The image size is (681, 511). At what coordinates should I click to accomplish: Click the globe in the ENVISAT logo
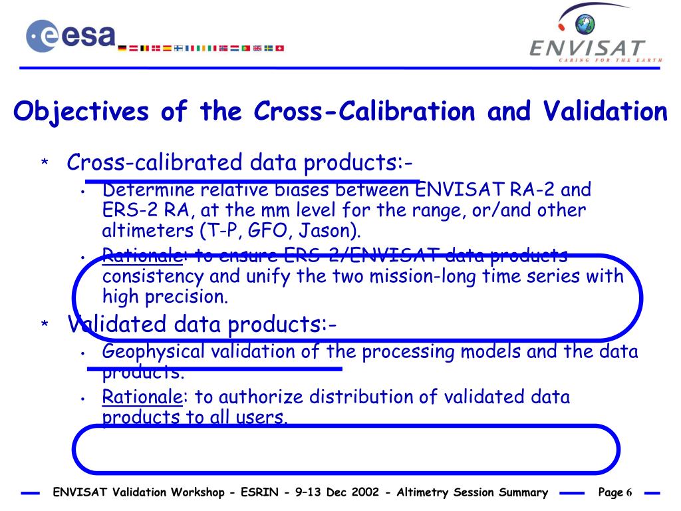(586, 25)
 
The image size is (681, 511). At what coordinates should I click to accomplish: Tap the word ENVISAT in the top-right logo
(587, 49)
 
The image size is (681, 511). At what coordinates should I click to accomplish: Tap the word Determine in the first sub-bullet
(143, 190)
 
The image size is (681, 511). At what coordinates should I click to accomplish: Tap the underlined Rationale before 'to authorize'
(142, 397)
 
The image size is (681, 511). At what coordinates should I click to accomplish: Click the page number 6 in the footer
(628, 492)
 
